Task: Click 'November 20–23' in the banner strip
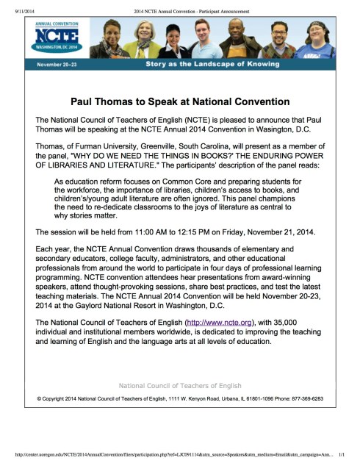(x=58, y=65)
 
